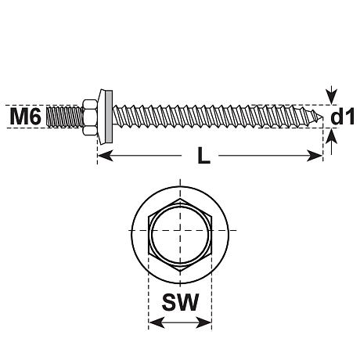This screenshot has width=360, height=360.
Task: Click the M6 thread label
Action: (x=26, y=117)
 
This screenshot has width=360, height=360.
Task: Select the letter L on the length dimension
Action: (x=203, y=157)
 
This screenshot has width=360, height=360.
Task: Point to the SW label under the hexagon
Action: (x=180, y=303)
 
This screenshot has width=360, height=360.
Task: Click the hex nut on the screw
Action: (x=92, y=117)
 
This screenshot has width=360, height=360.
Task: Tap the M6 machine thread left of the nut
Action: (x=63, y=117)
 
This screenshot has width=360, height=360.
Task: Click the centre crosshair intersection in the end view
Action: (x=180, y=232)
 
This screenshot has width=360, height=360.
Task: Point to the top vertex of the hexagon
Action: (x=180, y=200)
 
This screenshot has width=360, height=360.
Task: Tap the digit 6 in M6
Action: (x=36, y=117)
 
